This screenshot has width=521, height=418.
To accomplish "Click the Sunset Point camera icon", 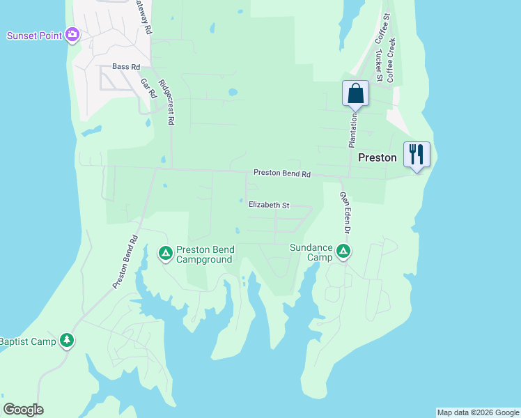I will point(72,35).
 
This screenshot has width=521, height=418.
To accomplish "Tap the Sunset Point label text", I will point(35,35).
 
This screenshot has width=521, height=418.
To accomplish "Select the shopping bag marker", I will point(355,93).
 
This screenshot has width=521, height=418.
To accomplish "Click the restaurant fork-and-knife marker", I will point(417,154).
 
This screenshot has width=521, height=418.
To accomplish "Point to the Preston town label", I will point(377,158).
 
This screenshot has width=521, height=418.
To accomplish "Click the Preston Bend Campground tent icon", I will point(166,252).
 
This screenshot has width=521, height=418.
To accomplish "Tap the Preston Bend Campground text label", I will point(205,254).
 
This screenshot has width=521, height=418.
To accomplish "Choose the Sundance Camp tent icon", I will point(343,251).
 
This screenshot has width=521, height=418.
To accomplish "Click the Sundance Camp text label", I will point(312,251).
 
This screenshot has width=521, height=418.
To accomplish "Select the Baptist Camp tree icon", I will point(67,341).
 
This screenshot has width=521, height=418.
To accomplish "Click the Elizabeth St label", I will point(269,206).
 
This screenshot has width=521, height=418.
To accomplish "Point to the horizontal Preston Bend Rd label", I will point(281,173).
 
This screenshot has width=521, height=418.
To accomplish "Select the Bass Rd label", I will point(126,67).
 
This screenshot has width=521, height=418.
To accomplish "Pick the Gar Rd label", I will point(148,88).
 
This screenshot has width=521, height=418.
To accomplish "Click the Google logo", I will point(23,410).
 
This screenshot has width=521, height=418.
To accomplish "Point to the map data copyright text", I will point(477,412).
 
